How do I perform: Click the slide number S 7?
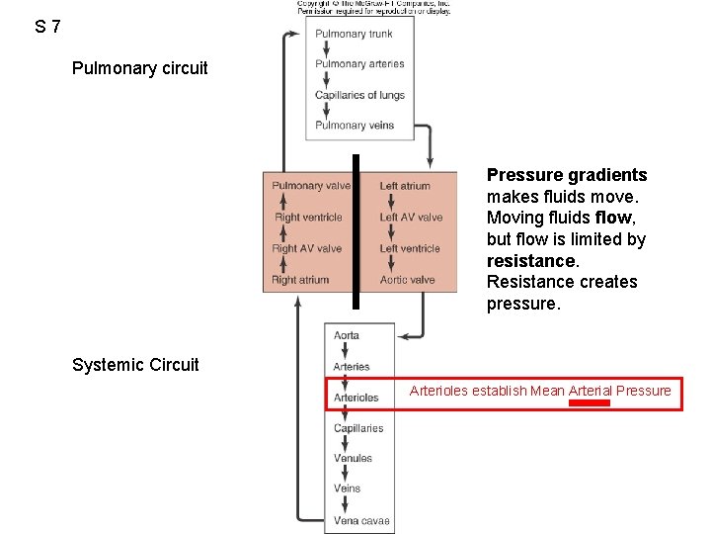point(47,27)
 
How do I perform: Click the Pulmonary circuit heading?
point(139,68)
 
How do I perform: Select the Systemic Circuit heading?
point(135,365)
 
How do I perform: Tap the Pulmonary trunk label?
point(354,34)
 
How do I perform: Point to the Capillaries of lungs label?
point(359,95)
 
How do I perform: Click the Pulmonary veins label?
point(355,126)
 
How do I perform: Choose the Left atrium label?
point(405,186)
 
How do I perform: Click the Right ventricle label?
point(308,218)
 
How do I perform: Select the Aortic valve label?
point(407,280)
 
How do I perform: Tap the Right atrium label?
point(300,280)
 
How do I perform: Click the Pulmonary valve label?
point(311,186)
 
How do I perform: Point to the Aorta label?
point(347,336)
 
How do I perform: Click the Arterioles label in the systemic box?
point(355,398)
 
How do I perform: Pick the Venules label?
point(353,459)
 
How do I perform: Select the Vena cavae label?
point(361,520)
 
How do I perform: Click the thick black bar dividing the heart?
point(355,232)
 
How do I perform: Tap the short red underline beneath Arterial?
point(591,403)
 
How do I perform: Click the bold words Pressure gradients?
point(567,175)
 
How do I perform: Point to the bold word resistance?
point(531,261)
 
